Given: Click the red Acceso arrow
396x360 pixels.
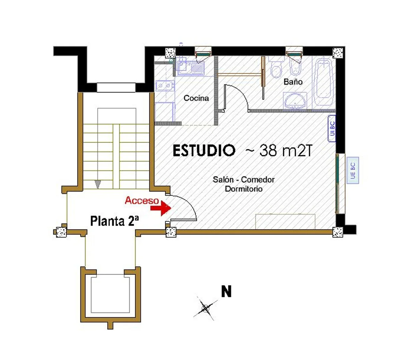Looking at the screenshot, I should (x=161, y=208).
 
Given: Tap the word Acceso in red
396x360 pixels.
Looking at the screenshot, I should (x=142, y=201).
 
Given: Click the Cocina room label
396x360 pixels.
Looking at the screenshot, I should (x=196, y=98).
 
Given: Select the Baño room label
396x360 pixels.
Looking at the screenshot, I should (x=293, y=82).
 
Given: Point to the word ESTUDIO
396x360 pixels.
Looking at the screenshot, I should (x=204, y=151).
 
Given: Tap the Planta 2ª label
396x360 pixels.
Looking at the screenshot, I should (x=114, y=221).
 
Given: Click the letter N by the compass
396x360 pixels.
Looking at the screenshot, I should (x=226, y=291).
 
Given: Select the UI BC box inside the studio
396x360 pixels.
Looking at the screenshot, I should (x=332, y=128).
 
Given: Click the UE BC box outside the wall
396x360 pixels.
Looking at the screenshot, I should (x=353, y=170).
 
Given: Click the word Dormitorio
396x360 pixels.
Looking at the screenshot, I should (x=244, y=189).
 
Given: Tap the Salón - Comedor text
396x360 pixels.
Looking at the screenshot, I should (x=244, y=179).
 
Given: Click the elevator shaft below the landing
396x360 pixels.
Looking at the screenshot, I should (x=110, y=294).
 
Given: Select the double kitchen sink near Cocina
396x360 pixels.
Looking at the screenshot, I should (x=165, y=86).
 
